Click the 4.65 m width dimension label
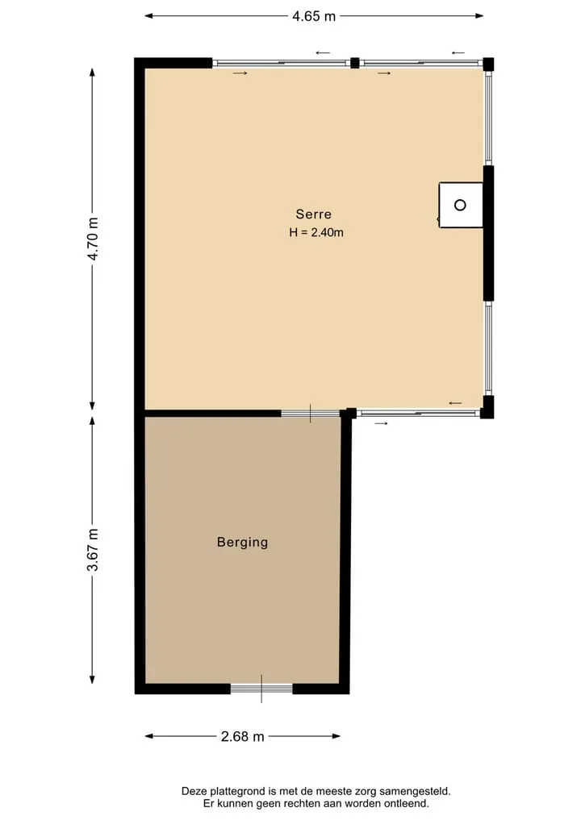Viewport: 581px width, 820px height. [x=314, y=16]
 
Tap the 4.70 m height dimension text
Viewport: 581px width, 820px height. [x=93, y=239]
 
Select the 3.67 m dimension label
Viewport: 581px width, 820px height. [x=93, y=550]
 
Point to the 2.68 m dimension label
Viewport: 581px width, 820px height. [x=242, y=737]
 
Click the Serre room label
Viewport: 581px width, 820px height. [x=314, y=214]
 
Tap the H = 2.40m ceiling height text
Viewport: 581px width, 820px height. [x=316, y=232]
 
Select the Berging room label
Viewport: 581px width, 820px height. [x=242, y=543]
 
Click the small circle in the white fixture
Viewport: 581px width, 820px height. [x=460, y=205]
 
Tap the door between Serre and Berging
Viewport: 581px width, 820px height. [x=311, y=414]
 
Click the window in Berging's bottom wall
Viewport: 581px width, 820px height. [x=261, y=689]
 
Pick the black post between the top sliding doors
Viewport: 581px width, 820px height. [x=354, y=63]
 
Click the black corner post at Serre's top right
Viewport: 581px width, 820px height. [x=488, y=64]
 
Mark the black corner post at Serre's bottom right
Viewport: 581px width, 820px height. [x=487, y=407]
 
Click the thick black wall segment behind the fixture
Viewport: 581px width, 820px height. [x=488, y=233]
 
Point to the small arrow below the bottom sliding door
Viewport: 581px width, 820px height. [x=381, y=423]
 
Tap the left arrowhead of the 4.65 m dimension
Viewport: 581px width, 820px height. [x=148, y=16]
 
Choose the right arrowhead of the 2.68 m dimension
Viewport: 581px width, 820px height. [x=336, y=736]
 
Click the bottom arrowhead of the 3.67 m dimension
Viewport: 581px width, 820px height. [x=93, y=680]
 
